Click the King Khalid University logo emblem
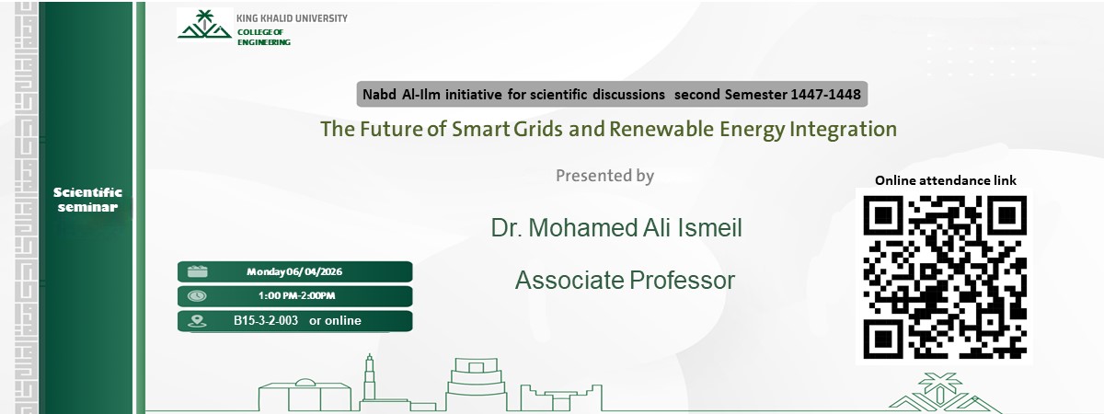[x=204, y=25]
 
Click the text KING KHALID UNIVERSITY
[x=292, y=18]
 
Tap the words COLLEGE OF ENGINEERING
[x=263, y=37]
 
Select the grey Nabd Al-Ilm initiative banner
[x=612, y=94]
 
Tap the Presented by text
[x=604, y=176]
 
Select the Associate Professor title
[x=625, y=280]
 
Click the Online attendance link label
[x=945, y=180]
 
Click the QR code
[x=945, y=276]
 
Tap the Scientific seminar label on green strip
[x=87, y=200]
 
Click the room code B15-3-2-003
[x=266, y=321]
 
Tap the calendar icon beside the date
[x=198, y=271]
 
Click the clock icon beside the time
[x=198, y=296]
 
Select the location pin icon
[x=196, y=321]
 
